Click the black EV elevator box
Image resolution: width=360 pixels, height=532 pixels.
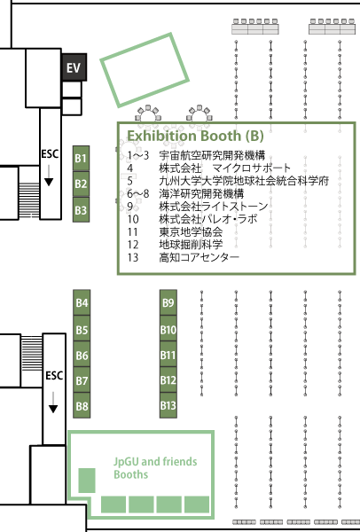coord(74,67)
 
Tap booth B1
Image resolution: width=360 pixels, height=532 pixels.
coord(81,158)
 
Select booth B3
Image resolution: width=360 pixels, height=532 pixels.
coord(81,210)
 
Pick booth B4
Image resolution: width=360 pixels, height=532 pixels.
coord(82,302)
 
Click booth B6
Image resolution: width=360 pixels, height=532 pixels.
coord(82,355)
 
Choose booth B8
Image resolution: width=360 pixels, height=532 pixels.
coord(82,405)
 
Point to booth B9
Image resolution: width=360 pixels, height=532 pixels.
coord(168,302)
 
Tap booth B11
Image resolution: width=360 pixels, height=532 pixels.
coord(168,355)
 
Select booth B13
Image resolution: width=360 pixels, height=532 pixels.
coord(168,405)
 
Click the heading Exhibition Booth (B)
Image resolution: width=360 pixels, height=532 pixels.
coord(195,136)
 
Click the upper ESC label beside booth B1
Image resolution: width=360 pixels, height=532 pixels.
coord(50,153)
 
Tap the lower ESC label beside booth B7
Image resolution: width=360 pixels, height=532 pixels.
coord(54,376)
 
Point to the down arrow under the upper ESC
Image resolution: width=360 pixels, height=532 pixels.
coord(49,176)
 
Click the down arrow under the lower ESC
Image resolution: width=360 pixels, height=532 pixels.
coord(53,403)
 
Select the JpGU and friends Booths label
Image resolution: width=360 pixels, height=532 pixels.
coord(155,468)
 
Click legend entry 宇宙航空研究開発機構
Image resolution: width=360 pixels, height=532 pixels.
coord(212,155)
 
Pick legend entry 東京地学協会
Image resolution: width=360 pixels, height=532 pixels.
coord(191,231)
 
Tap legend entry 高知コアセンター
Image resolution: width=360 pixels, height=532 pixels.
coord(200,257)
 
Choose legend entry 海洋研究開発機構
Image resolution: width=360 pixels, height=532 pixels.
coord(201,193)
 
